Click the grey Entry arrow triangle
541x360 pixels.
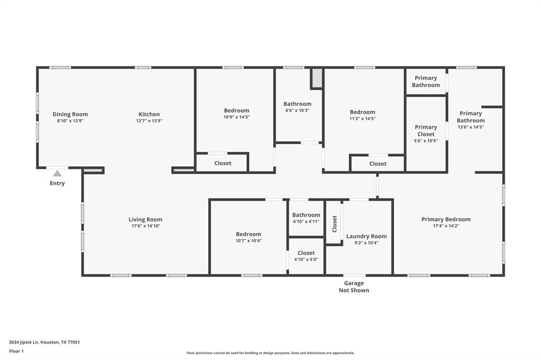[57, 174]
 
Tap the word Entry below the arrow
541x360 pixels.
[57, 183]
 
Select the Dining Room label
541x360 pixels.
[70, 114]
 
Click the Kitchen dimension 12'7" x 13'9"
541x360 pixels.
[149, 121]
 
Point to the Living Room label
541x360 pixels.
[145, 219]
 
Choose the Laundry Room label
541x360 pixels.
[367, 236]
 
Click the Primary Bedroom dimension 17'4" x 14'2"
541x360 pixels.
[446, 226]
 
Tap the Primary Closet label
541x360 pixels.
[426, 131]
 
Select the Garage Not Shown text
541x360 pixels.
[354, 287]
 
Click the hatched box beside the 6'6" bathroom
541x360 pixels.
[317, 78]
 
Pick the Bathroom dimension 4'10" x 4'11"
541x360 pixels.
[306, 221]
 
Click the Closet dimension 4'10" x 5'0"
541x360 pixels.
[306, 259]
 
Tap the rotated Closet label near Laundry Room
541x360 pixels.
[334, 224]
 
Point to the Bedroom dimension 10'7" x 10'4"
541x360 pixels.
[248, 241]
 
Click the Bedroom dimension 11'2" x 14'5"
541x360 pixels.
[362, 118]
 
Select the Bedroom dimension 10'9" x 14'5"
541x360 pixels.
[236, 117]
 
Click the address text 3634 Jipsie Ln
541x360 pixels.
[24, 342]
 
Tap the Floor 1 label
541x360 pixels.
[16, 351]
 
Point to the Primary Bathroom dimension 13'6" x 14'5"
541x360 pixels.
[471, 127]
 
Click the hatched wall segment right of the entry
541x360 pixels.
[93, 170]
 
